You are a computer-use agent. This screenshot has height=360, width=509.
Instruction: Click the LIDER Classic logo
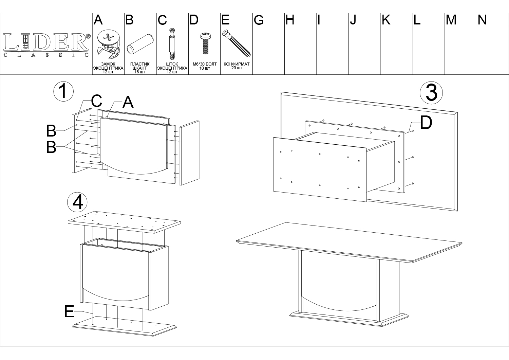point(46,45)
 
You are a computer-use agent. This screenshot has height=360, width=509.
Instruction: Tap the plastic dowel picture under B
point(140,44)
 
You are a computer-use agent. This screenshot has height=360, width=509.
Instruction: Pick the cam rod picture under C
point(172,44)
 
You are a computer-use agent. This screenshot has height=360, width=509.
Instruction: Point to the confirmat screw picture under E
point(236,43)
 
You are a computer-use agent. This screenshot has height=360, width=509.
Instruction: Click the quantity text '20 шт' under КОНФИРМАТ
point(237,68)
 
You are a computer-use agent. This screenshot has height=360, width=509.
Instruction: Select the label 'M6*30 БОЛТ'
point(205,64)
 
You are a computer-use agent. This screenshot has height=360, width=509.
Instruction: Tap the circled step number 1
point(63,91)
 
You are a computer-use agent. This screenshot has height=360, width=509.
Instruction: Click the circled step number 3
point(431,93)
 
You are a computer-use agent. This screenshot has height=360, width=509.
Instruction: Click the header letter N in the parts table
point(482,20)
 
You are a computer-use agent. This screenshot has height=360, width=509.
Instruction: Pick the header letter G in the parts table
point(259,20)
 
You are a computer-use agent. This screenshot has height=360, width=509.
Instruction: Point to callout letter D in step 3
point(426,123)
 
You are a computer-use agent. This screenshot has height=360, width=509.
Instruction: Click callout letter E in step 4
point(69,311)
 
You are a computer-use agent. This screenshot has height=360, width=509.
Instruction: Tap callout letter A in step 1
point(128,102)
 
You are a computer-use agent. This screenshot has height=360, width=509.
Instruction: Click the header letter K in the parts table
point(386,20)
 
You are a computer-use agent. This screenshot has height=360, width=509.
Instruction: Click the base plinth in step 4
point(124,326)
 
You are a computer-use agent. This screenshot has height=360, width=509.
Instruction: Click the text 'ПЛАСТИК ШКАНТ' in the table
point(140,66)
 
